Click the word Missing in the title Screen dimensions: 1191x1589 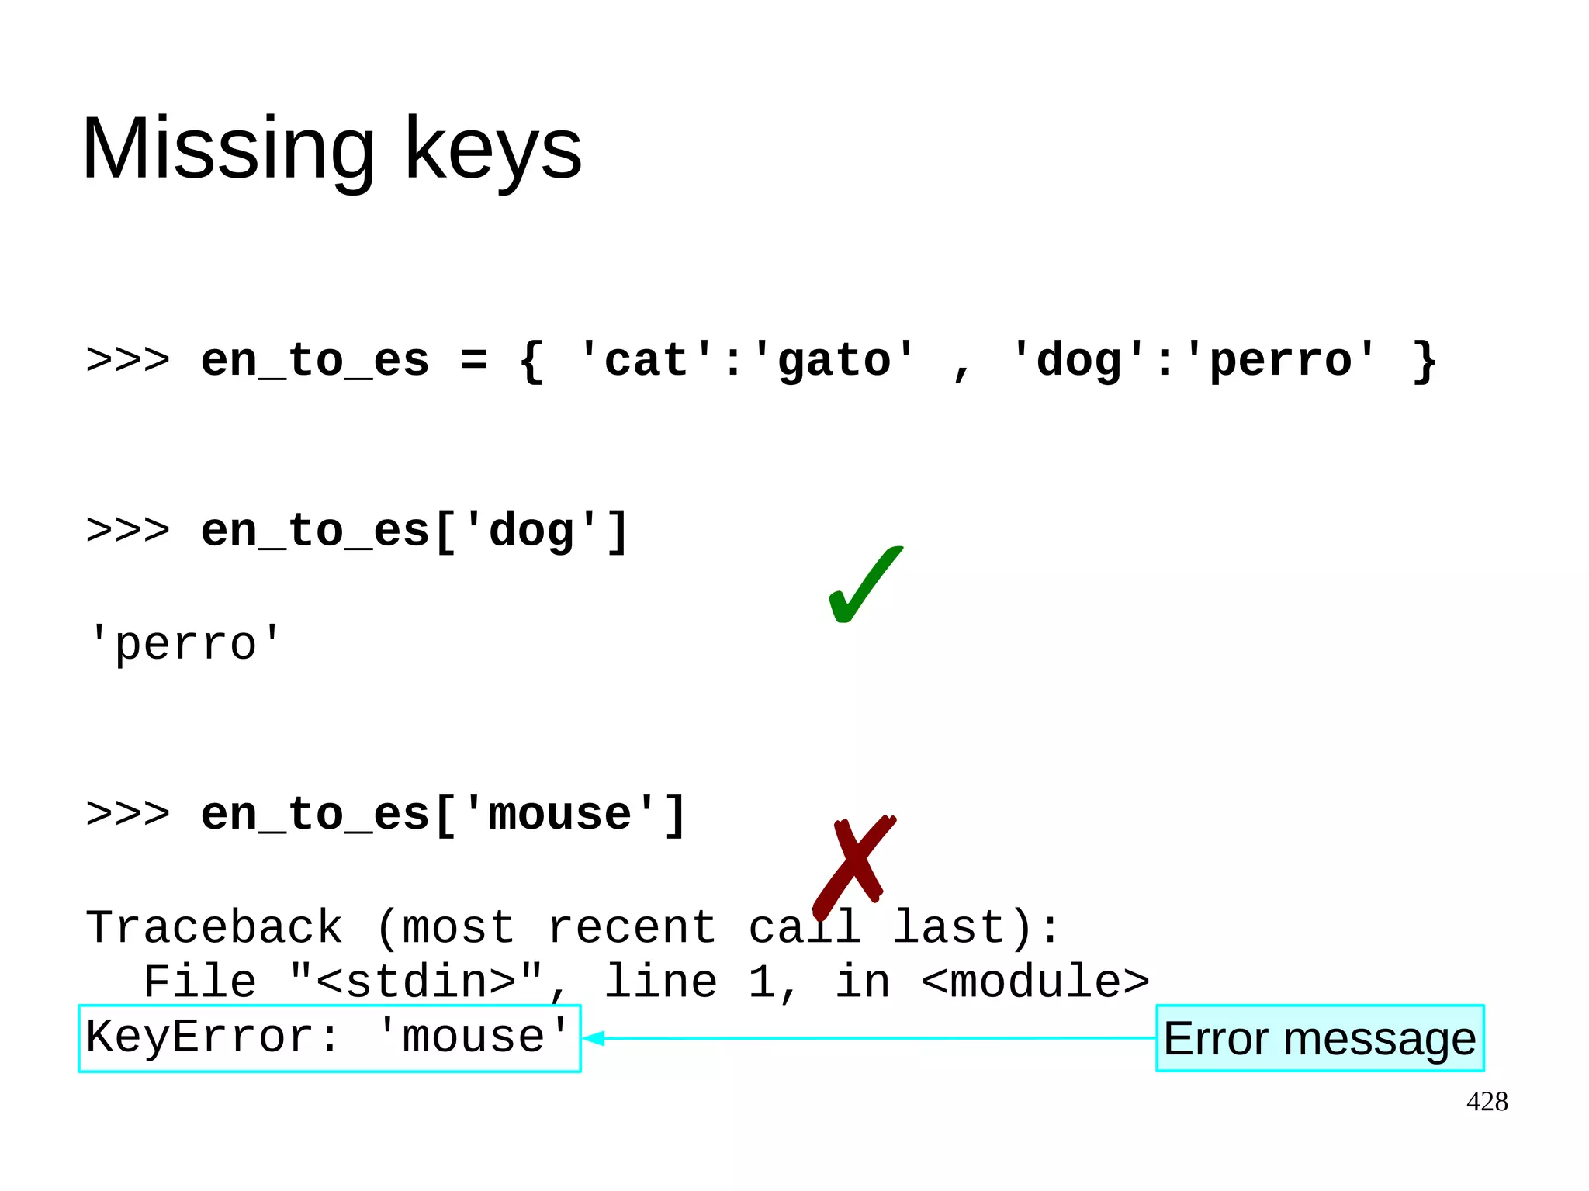[228, 149]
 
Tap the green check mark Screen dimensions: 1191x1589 [864, 586]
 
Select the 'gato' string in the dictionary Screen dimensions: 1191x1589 [834, 361]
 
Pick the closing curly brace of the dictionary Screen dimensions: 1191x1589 [1424, 361]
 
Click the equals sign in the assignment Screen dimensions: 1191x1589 [473, 361]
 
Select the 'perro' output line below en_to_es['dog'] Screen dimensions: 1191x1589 [185, 644]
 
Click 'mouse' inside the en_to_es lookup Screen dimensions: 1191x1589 [560, 815]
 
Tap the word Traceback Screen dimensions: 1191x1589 [214, 927]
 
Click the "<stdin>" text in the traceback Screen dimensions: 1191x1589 [417, 982]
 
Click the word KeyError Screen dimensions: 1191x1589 [199, 1037]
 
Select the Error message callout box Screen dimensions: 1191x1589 [1319, 1038]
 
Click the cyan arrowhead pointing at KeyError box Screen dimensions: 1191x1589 [594, 1038]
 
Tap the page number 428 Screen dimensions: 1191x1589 [1487, 1102]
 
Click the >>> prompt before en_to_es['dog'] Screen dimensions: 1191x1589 [128, 531]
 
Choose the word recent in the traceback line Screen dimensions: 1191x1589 [632, 927]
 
